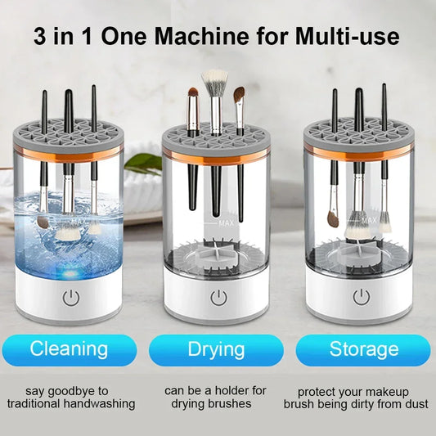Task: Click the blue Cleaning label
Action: tap(69, 349)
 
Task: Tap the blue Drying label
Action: tap(217, 349)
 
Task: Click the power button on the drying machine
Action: tap(218, 297)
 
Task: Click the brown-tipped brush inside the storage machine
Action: tap(333, 218)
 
